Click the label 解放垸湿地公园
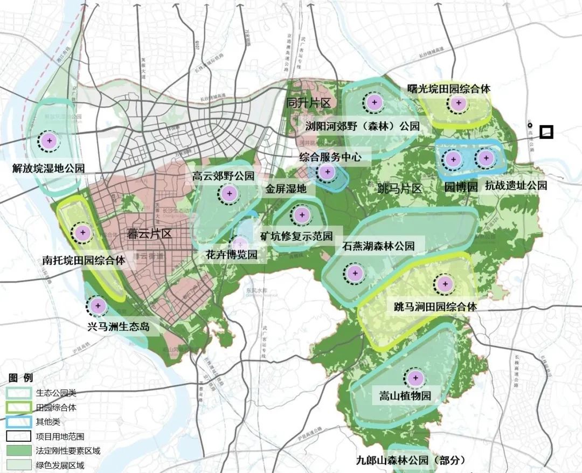click(48, 169)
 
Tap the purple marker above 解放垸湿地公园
click(50, 141)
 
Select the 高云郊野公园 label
click(223, 176)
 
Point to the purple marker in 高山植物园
click(415, 378)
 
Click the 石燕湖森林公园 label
click(378, 246)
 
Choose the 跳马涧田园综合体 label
click(435, 307)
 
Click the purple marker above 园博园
click(453, 158)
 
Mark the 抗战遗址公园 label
click(516, 186)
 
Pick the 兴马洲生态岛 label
click(118, 327)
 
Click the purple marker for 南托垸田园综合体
click(82, 233)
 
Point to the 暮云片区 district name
click(149, 234)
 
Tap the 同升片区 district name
click(308, 102)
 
